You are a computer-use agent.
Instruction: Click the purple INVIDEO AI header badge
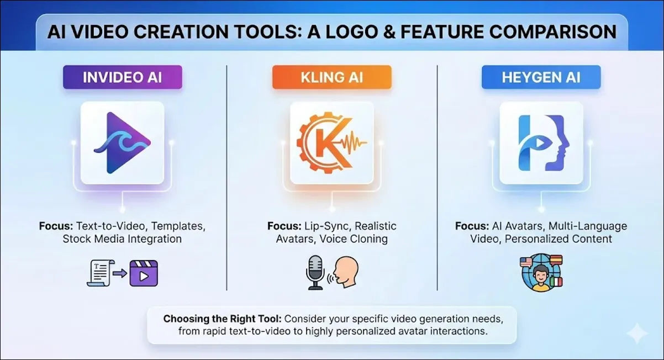pyautogui.click(x=123, y=77)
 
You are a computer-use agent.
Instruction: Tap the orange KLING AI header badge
pyautogui.click(x=331, y=77)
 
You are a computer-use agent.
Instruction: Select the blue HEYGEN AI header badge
pyautogui.click(x=541, y=77)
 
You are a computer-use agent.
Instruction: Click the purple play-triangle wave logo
pyautogui.click(x=123, y=143)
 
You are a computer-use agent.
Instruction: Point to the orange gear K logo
pyautogui.click(x=331, y=143)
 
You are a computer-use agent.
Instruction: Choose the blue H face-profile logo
pyautogui.click(x=544, y=143)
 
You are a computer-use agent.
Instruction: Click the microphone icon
pyautogui.click(x=315, y=272)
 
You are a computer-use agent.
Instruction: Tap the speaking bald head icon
pyautogui.click(x=345, y=272)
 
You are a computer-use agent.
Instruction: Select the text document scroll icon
pyautogui.click(x=100, y=273)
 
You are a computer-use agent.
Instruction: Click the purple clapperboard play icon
pyautogui.click(x=144, y=273)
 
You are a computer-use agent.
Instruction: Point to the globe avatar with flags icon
pyautogui.click(x=541, y=273)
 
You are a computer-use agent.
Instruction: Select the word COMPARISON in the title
pyautogui.click(x=553, y=32)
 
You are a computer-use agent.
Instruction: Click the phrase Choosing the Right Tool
pyautogui.click(x=222, y=319)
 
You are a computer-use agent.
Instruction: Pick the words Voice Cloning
pyautogui.click(x=354, y=239)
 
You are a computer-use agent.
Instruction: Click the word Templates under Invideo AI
pyautogui.click(x=178, y=226)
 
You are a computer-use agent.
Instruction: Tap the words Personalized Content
pyautogui.click(x=558, y=239)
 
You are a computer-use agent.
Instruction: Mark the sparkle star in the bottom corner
pyautogui.click(x=637, y=333)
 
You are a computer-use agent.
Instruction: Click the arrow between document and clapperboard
pyautogui.click(x=120, y=273)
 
